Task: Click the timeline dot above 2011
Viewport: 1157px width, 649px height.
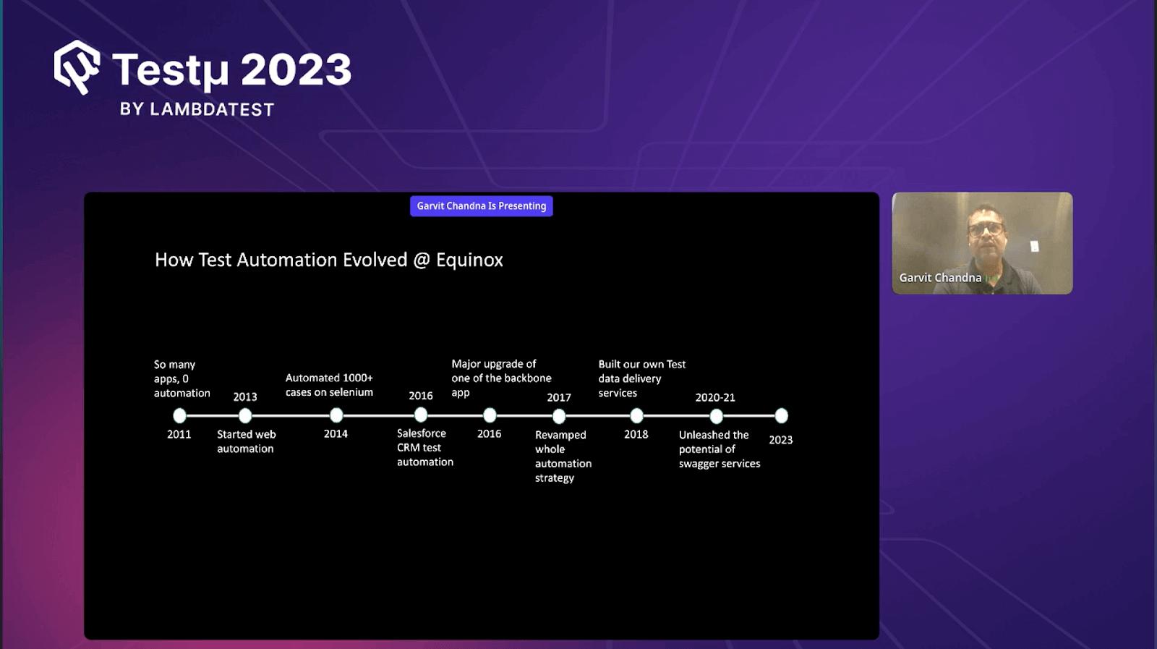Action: tap(179, 415)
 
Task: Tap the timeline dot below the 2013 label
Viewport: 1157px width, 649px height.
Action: tap(245, 415)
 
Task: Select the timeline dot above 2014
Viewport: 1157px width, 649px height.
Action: tap(336, 415)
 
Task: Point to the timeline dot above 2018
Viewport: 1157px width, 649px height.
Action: tap(637, 415)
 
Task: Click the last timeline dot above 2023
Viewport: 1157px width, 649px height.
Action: tap(782, 415)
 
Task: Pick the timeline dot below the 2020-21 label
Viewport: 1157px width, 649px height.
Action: tap(717, 416)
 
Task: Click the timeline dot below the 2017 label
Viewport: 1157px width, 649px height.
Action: tap(559, 416)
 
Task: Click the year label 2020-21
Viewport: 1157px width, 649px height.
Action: tap(715, 397)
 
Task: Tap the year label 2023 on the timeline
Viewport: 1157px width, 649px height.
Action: tap(780, 440)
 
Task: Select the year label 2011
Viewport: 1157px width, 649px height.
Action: tap(179, 434)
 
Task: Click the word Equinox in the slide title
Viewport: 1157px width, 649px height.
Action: tap(469, 260)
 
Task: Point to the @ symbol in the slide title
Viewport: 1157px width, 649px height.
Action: tap(422, 260)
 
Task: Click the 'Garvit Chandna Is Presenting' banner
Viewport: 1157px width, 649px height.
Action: tap(482, 206)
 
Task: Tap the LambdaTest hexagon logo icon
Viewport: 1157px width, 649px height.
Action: tap(77, 67)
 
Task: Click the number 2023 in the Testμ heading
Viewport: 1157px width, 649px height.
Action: tap(296, 69)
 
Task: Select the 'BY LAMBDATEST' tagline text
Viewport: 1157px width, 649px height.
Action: tap(197, 109)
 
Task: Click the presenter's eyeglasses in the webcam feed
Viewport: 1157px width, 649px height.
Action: tap(986, 229)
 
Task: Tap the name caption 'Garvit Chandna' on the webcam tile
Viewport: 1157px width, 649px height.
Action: tap(940, 278)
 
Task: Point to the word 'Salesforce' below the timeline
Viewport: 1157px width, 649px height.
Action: tap(422, 433)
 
